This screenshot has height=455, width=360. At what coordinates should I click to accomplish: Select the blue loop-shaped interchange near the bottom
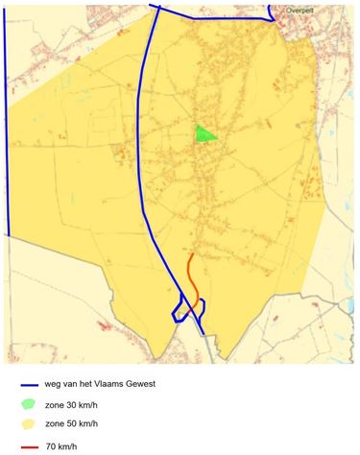pyautogui.click(x=179, y=309)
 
